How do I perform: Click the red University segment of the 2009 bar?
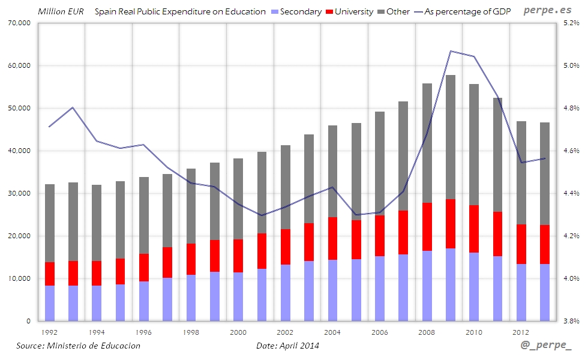coord(451,224)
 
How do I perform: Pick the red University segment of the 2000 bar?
coord(238,256)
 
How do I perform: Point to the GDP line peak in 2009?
coord(451,51)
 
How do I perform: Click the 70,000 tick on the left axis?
coord(18,23)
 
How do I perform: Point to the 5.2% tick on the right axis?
coord(571,23)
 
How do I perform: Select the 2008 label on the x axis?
coord(427,332)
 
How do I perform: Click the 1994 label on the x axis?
coord(97,332)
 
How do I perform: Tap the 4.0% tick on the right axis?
coord(571,278)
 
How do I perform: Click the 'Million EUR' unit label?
coord(61,11)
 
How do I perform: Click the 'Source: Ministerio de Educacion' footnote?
coord(78,346)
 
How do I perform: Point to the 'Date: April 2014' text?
coord(287,346)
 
